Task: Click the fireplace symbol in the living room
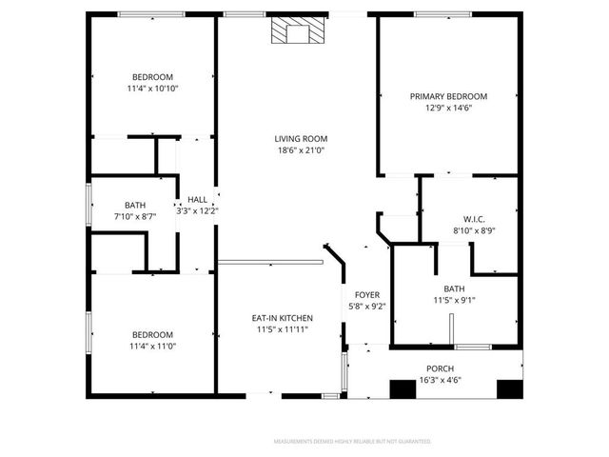click(296, 32)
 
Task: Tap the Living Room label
click(296, 138)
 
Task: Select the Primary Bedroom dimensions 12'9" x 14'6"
click(448, 109)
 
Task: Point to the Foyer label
click(368, 295)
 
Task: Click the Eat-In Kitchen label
click(283, 318)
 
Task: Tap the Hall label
click(197, 199)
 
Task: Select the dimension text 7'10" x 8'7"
click(134, 217)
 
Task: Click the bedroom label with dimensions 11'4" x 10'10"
click(152, 77)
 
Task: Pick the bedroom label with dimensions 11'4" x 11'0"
click(152, 334)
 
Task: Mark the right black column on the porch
click(510, 388)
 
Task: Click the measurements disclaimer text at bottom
click(351, 442)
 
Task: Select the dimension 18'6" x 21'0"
click(296, 149)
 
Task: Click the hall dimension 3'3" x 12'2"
click(197, 210)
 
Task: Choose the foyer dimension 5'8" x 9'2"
click(368, 307)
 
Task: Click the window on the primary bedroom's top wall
click(442, 13)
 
